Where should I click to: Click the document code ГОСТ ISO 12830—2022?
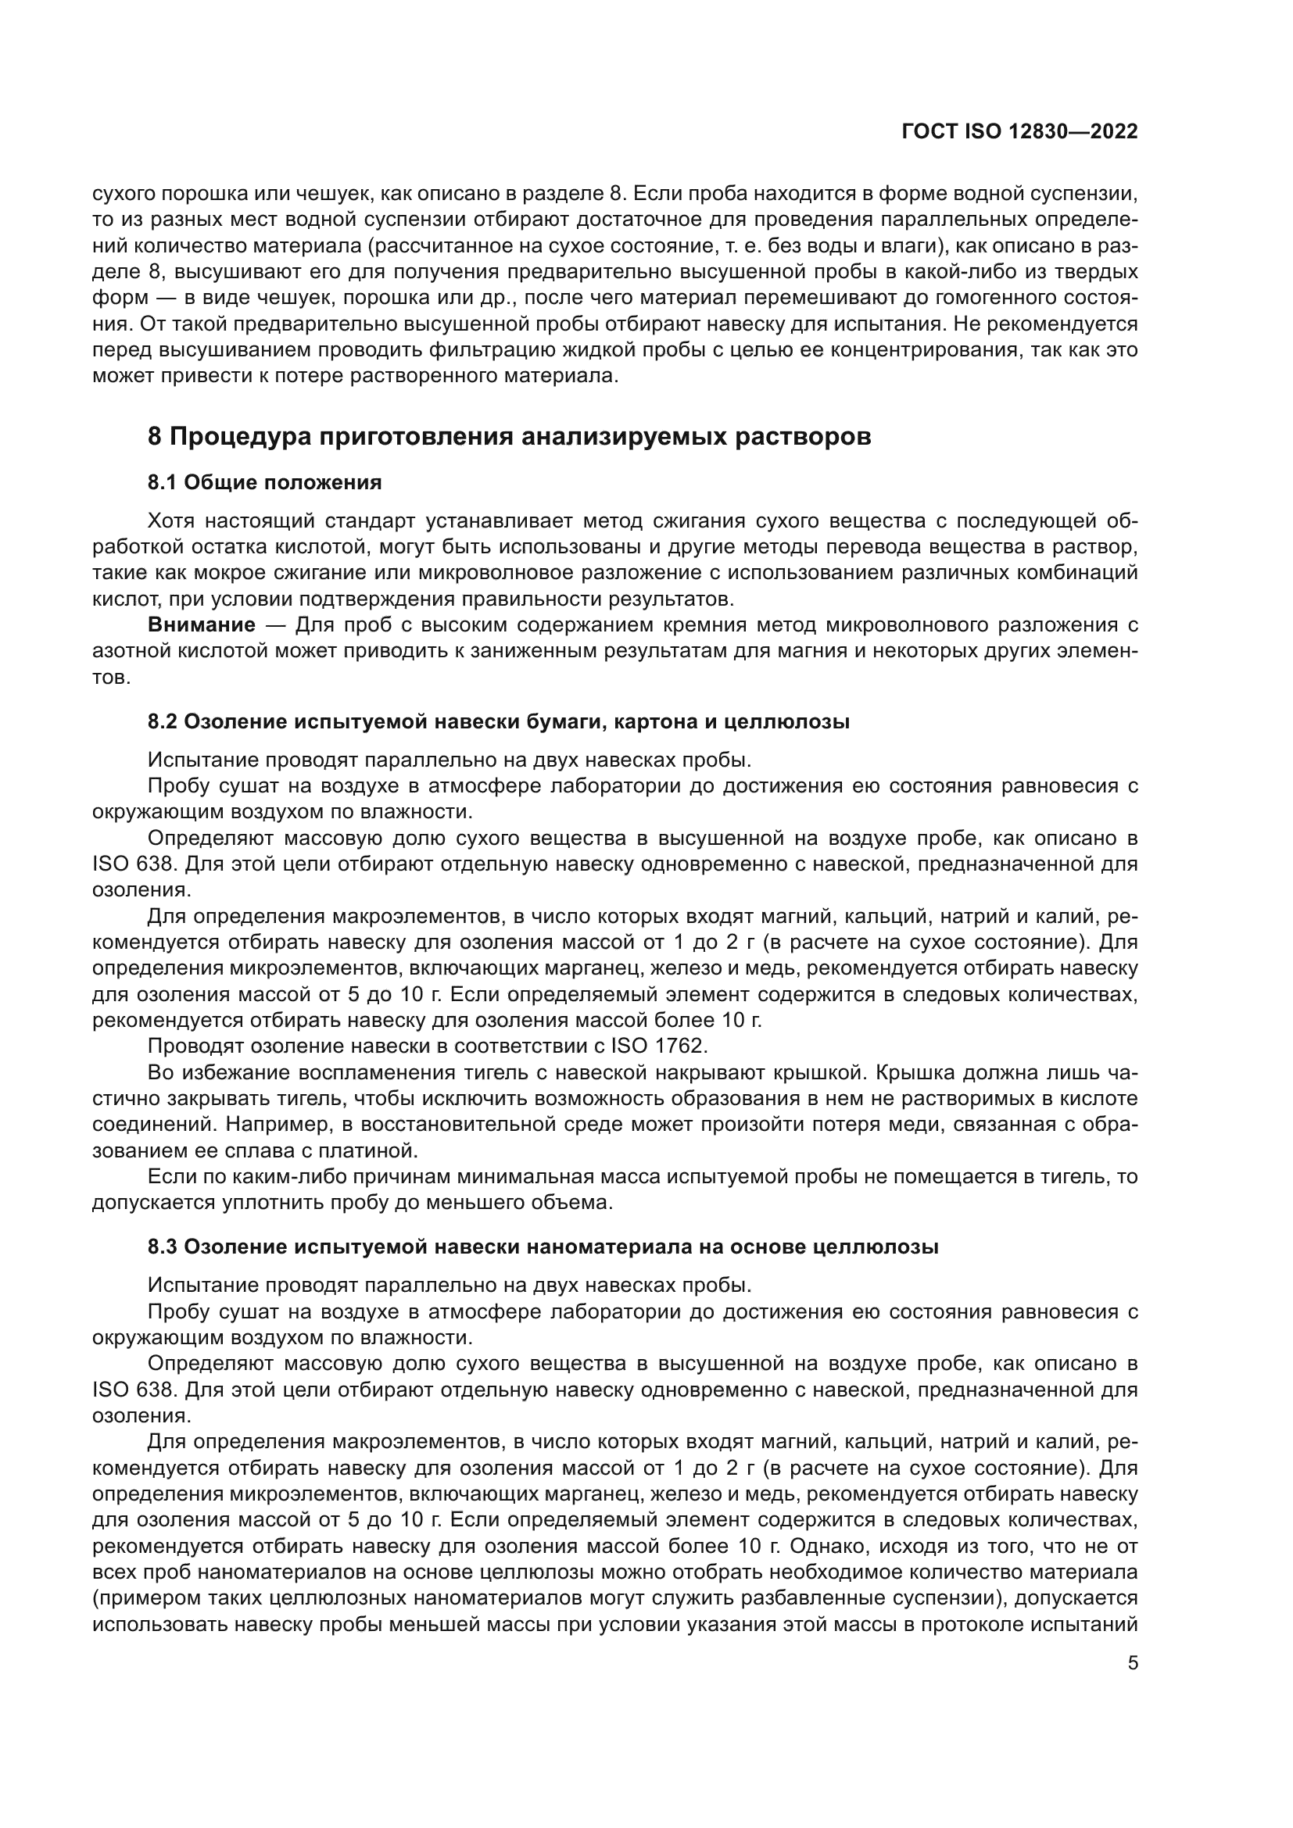pos(1019,131)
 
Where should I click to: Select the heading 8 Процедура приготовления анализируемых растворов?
pos(509,437)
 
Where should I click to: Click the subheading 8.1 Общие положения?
pos(264,482)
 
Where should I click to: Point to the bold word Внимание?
pos(202,625)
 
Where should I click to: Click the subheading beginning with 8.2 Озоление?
pos(499,722)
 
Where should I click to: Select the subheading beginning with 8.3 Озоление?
pos(543,1247)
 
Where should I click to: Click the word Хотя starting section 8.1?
pos(170,521)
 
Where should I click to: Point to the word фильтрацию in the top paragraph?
pos(488,350)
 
